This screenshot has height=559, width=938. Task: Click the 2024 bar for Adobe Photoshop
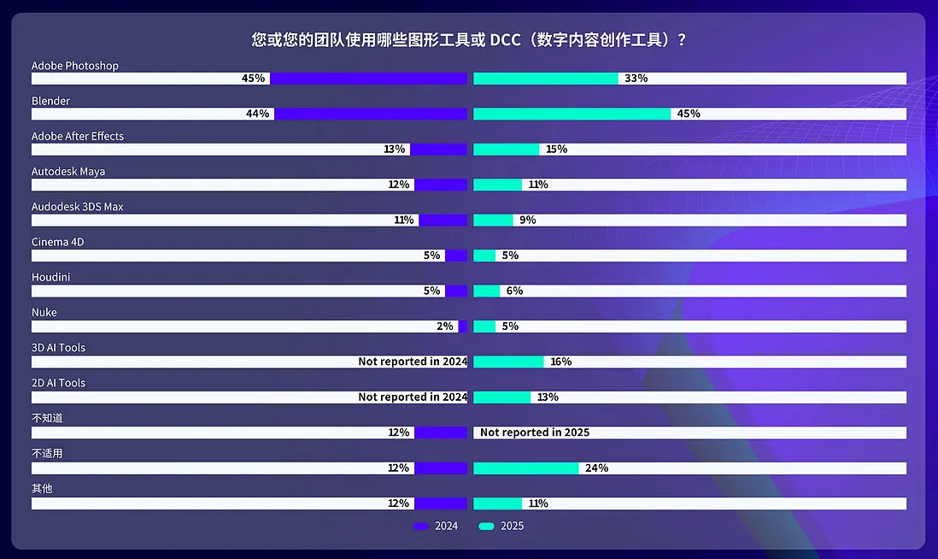[x=369, y=79]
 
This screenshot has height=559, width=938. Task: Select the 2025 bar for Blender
[x=572, y=114]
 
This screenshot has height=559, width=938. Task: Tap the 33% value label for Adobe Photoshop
[x=636, y=79]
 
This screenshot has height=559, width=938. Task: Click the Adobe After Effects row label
[x=78, y=136]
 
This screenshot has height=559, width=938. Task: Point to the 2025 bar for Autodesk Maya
[x=497, y=185]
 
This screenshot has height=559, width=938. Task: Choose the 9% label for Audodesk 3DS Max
[x=527, y=220]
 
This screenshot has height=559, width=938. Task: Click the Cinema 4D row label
[x=58, y=242]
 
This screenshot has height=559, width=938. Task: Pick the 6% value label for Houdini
[x=514, y=291]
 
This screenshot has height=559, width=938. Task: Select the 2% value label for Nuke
[x=445, y=326]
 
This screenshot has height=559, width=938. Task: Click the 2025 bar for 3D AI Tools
[x=508, y=362]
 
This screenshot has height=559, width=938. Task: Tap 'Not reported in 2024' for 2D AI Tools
[x=413, y=397]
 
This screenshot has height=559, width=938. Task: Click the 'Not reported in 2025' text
[x=535, y=432]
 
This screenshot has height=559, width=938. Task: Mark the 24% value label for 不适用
[x=596, y=468]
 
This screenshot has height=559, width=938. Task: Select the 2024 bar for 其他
[x=441, y=503]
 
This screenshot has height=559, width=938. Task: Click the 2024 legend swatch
[x=420, y=527]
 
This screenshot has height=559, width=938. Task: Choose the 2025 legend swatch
[x=486, y=527]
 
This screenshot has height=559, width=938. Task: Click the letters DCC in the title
[x=506, y=39]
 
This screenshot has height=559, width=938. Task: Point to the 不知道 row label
[x=47, y=418]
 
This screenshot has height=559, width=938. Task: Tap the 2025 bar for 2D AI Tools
[x=501, y=397]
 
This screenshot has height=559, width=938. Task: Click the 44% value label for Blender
[x=257, y=114]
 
